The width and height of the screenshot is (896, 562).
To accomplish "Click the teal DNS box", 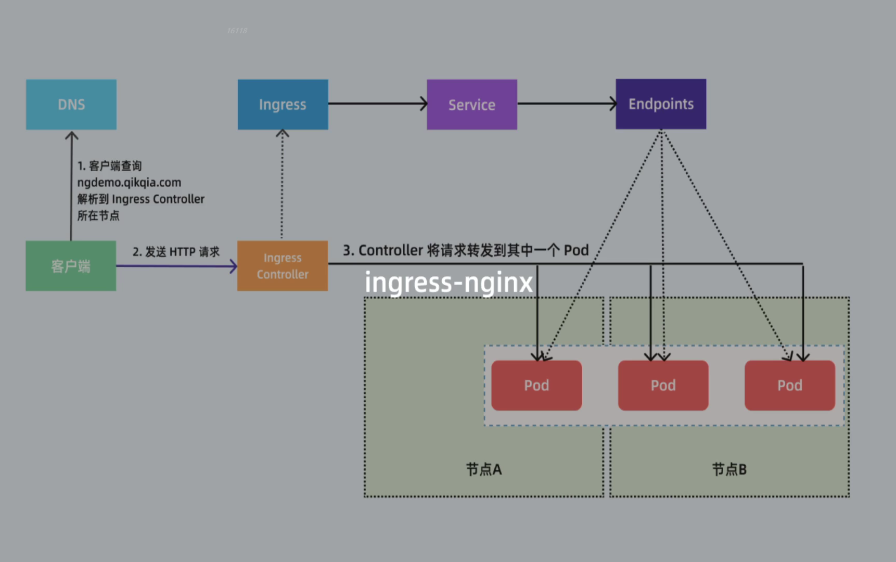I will pyautogui.click(x=71, y=105).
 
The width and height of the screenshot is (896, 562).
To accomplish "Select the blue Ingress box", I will pyautogui.click(x=283, y=105).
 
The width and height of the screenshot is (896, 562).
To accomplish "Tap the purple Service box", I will pyautogui.click(x=472, y=105).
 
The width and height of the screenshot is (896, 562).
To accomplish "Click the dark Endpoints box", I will pyautogui.click(x=661, y=104).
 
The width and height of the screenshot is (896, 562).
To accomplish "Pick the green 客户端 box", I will pyautogui.click(x=71, y=266).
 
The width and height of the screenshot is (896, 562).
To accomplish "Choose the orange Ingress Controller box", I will pyautogui.click(x=283, y=266).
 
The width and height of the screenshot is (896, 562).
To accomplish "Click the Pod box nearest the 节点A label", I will pyautogui.click(x=536, y=386).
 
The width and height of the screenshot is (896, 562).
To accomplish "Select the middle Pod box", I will pyautogui.click(x=663, y=386).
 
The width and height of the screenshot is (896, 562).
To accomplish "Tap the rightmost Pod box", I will pyautogui.click(x=789, y=386).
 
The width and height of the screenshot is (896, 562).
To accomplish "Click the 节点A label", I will pyautogui.click(x=484, y=469).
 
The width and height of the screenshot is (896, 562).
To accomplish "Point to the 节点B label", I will pyautogui.click(x=729, y=469).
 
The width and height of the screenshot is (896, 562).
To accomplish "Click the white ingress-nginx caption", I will pyautogui.click(x=449, y=283).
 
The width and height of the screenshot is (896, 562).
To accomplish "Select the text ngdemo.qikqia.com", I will pyautogui.click(x=129, y=183).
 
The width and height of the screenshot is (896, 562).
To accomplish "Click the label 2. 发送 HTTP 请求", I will pyautogui.click(x=176, y=252).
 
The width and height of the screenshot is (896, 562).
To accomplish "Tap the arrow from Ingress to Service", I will pyautogui.click(x=377, y=104).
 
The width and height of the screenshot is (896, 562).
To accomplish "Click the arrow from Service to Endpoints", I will pyautogui.click(x=566, y=104).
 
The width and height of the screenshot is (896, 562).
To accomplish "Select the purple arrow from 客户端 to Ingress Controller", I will pyautogui.click(x=176, y=266).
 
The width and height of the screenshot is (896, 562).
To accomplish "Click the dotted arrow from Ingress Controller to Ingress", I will pyautogui.click(x=282, y=185).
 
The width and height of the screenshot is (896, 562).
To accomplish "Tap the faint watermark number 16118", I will pyautogui.click(x=237, y=31).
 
